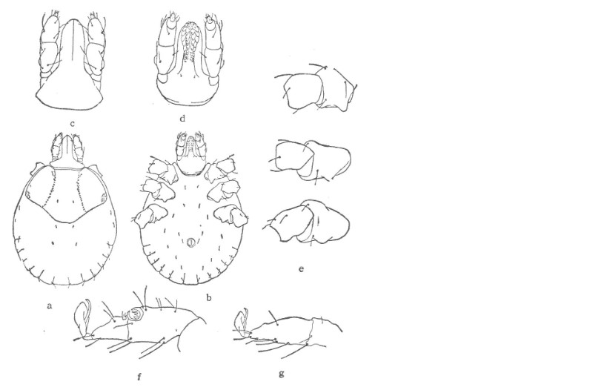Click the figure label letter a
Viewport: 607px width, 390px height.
click(x=49, y=306)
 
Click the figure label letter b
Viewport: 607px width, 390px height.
click(x=209, y=297)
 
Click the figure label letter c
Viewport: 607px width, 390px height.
click(x=73, y=124)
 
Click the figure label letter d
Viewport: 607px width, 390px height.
click(x=182, y=118)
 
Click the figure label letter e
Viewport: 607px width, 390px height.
click(x=301, y=269)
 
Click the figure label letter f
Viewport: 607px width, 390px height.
click(x=139, y=377)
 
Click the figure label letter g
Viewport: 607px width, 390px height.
click(x=282, y=374)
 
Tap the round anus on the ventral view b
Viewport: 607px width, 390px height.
click(x=190, y=243)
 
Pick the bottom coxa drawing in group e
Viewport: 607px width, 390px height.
click(x=308, y=222)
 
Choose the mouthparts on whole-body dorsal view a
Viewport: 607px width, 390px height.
click(x=68, y=150)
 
